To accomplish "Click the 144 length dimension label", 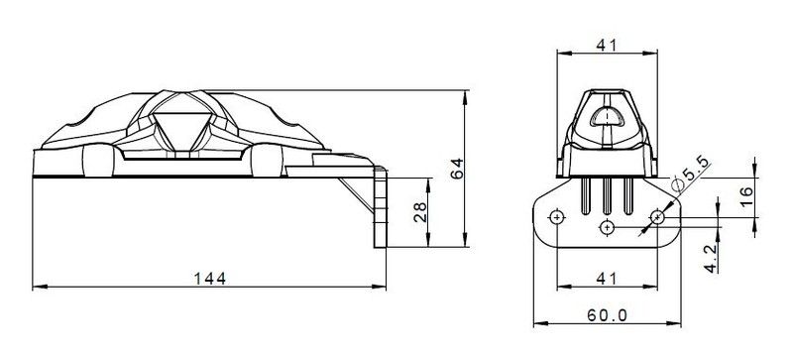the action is [210, 279].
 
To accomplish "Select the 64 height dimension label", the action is [457, 169].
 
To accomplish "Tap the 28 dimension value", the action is [420, 211].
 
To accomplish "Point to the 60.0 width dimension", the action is [607, 315].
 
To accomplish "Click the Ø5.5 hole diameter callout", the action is [690, 175].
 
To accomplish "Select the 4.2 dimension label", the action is [711, 258].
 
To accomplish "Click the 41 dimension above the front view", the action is [607, 45].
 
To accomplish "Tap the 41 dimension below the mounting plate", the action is [607, 279].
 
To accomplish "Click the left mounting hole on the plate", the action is [557, 218].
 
